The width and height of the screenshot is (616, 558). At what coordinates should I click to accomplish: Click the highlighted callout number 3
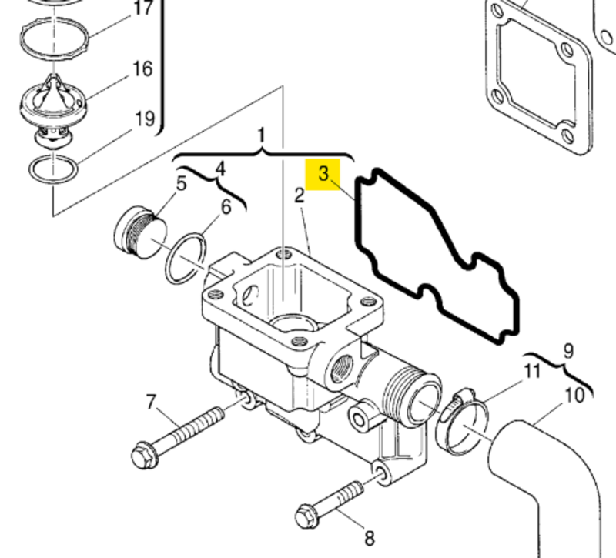click(323, 174)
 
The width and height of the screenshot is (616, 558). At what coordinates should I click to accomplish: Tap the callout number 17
click(143, 9)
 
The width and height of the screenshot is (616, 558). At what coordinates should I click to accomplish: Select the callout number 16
click(142, 68)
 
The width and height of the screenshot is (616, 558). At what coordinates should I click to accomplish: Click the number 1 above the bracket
click(261, 135)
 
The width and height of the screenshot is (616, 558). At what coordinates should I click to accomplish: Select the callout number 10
click(574, 396)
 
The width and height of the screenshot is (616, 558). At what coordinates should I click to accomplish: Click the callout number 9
click(568, 350)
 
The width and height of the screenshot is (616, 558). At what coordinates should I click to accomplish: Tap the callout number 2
click(300, 194)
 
